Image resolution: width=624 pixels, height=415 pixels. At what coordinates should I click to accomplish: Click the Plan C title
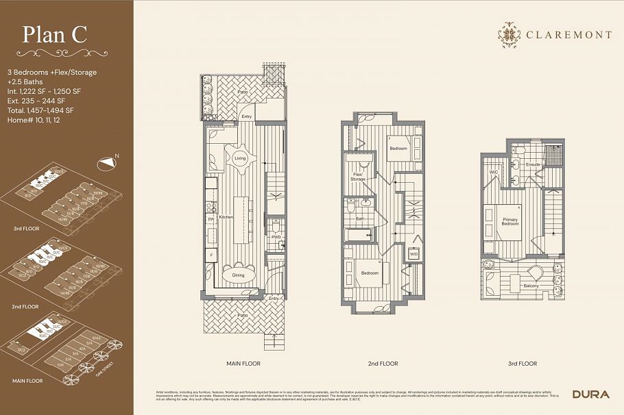pos(55,35)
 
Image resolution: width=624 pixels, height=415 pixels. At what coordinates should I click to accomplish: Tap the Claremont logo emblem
pos(509,35)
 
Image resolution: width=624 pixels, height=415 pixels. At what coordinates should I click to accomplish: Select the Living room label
pos(240,158)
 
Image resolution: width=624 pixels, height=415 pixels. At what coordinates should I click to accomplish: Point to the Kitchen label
pos(226,216)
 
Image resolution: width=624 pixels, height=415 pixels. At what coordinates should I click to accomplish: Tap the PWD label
pos(276,237)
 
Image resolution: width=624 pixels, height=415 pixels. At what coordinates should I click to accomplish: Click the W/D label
pos(414,254)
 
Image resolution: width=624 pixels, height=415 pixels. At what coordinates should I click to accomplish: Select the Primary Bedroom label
pos(509,221)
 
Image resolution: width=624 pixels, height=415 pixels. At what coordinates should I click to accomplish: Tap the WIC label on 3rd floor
pos(493,172)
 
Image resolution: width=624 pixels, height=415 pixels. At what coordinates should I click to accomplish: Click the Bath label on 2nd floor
pos(359,219)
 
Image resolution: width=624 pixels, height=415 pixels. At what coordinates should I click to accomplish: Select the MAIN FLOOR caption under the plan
pos(243,364)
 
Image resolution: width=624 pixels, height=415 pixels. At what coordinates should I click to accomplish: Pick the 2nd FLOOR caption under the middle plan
pos(383,364)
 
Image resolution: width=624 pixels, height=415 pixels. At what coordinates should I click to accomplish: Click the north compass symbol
pos(106,163)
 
